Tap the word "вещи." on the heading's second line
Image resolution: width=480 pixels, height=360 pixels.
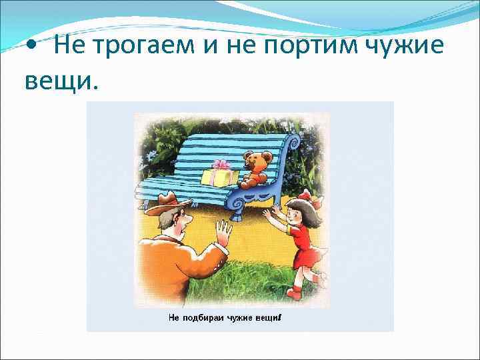coord(61,81)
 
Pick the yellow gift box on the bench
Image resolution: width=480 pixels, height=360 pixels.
coord(219,175)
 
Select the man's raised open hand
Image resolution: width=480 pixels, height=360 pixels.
coord(224,233)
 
